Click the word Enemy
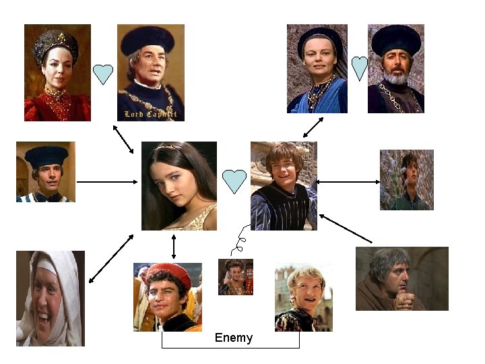click(x=233, y=338)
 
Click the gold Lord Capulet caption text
click(x=150, y=114)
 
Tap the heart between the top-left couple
click(x=102, y=74)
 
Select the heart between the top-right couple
click(x=360, y=68)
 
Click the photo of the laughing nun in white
click(x=50, y=298)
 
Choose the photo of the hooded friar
click(x=401, y=278)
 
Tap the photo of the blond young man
click(x=303, y=297)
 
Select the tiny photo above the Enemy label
click(x=235, y=277)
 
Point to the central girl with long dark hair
click(x=179, y=186)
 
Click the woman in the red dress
click(x=57, y=73)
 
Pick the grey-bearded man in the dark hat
click(x=396, y=69)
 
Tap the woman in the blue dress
click(x=317, y=69)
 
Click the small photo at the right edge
click(x=406, y=180)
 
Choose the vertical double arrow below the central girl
click(x=174, y=246)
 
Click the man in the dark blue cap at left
click(x=45, y=172)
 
